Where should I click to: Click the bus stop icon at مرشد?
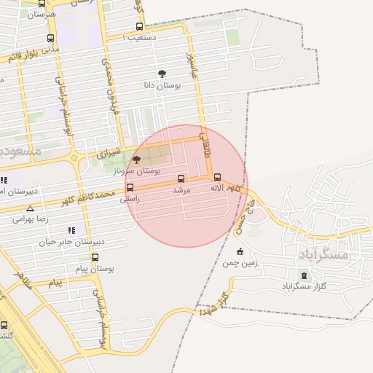[x=181, y=178]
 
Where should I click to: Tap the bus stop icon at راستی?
[x=130, y=187]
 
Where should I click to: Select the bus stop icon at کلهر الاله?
[x=217, y=177]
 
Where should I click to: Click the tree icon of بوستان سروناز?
[x=136, y=159]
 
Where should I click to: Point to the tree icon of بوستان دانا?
[x=162, y=74]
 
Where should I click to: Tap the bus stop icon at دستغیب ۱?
[x=139, y=26]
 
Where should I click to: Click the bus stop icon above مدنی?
[x=50, y=39]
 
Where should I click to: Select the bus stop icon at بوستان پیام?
[x=95, y=257]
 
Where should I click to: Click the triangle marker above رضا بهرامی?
[x=30, y=208]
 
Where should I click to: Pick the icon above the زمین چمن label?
[x=240, y=251]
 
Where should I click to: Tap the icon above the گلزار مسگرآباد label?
[x=304, y=276]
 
